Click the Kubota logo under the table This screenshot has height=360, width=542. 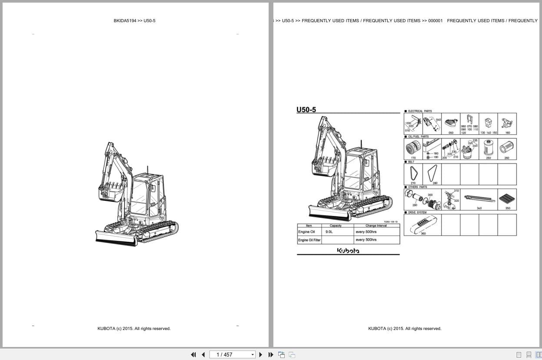[x=348, y=250]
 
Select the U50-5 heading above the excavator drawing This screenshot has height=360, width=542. [x=306, y=110]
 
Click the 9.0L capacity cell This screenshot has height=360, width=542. [x=329, y=232]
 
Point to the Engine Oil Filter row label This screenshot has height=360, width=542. [x=309, y=240]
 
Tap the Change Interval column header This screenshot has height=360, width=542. [x=376, y=226]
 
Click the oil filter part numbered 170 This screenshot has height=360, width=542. [x=412, y=149]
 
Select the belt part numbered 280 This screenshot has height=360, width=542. [x=432, y=174]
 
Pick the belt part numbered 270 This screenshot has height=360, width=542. [x=412, y=174]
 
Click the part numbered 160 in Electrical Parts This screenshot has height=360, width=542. [x=507, y=123]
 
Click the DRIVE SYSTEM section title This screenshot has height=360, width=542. [x=417, y=213]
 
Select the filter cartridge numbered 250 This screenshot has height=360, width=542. [x=488, y=147]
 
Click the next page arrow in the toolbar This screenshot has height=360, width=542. [x=261, y=355]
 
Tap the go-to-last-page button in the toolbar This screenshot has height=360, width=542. [x=271, y=355]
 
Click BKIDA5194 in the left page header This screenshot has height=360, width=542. [x=125, y=21]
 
